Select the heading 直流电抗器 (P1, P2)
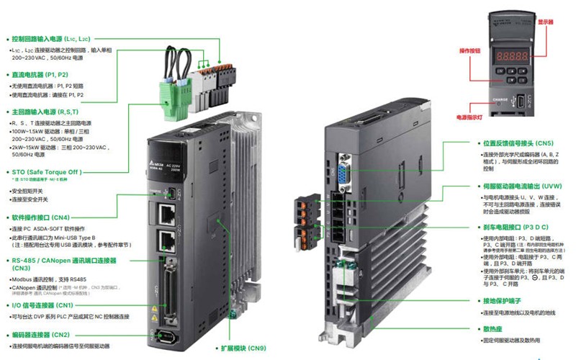tap(40, 74)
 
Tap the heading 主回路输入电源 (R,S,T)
tap(45, 112)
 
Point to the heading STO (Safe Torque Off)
tap(45, 172)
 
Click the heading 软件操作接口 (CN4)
tap(40, 217)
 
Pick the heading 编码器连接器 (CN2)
tap(40, 334)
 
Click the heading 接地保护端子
tap(500, 300)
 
